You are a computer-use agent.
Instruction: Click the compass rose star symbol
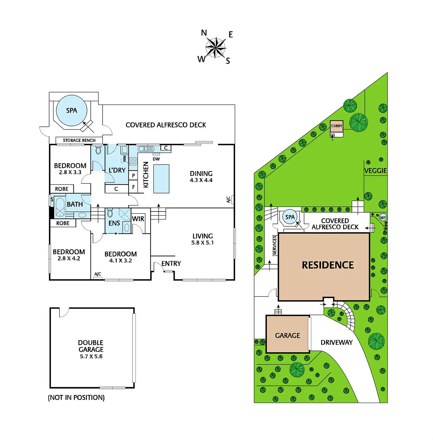pyautogui.click(x=216, y=47)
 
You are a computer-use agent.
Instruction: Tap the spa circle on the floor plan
pyautogui.click(x=71, y=111)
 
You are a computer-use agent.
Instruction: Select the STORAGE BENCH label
pyautogui.click(x=79, y=140)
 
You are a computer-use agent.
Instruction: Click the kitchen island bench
pyautogui.click(x=161, y=179)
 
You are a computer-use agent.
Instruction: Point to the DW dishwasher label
pyautogui.click(x=156, y=159)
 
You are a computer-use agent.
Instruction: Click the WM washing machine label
pyautogui.click(x=124, y=159)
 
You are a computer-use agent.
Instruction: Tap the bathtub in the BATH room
pyautogui.click(x=60, y=207)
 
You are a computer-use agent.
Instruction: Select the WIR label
pyautogui.click(x=138, y=219)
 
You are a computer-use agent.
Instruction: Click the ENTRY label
pyautogui.click(x=171, y=263)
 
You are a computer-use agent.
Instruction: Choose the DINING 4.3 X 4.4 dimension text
pyautogui.click(x=201, y=180)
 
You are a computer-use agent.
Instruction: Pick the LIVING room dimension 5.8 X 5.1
pyautogui.click(x=202, y=243)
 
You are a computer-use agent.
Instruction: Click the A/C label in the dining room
pyautogui.click(x=229, y=200)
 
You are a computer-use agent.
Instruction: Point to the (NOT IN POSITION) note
pyautogui.click(x=76, y=398)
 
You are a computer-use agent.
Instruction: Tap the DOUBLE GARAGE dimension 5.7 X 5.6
pyautogui.click(x=91, y=356)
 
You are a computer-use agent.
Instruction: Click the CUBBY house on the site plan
pyautogui.click(x=337, y=126)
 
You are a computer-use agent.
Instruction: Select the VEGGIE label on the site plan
pyautogui.click(x=375, y=171)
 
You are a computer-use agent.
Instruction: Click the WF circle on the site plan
pyautogui.click(x=383, y=217)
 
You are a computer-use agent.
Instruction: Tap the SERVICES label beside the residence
pyautogui.click(x=274, y=245)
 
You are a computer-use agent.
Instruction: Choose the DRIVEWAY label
pyautogui.click(x=337, y=342)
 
